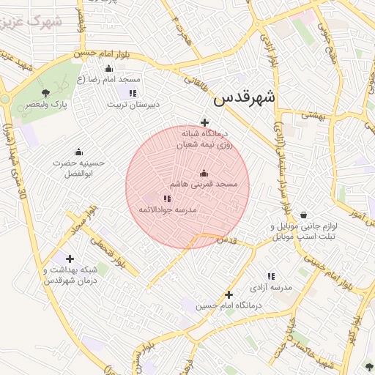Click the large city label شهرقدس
pos(245,97)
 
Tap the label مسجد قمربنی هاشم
pos(204,185)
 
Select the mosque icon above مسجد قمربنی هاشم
pos(204,173)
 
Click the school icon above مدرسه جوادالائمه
pos(167,198)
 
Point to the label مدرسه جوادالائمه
pos(168,210)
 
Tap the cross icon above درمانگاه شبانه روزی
pos(204,123)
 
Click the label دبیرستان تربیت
pos(132,105)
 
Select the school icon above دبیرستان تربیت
pos(133,93)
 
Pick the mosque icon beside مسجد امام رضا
pos(109,69)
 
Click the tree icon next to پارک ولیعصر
pos(47,93)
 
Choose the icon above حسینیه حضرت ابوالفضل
pos(78,152)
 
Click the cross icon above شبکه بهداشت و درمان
pos(70,259)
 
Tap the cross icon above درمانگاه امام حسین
pos(229,294)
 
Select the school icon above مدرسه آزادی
pos(271,277)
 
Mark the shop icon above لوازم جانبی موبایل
pos(303,215)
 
